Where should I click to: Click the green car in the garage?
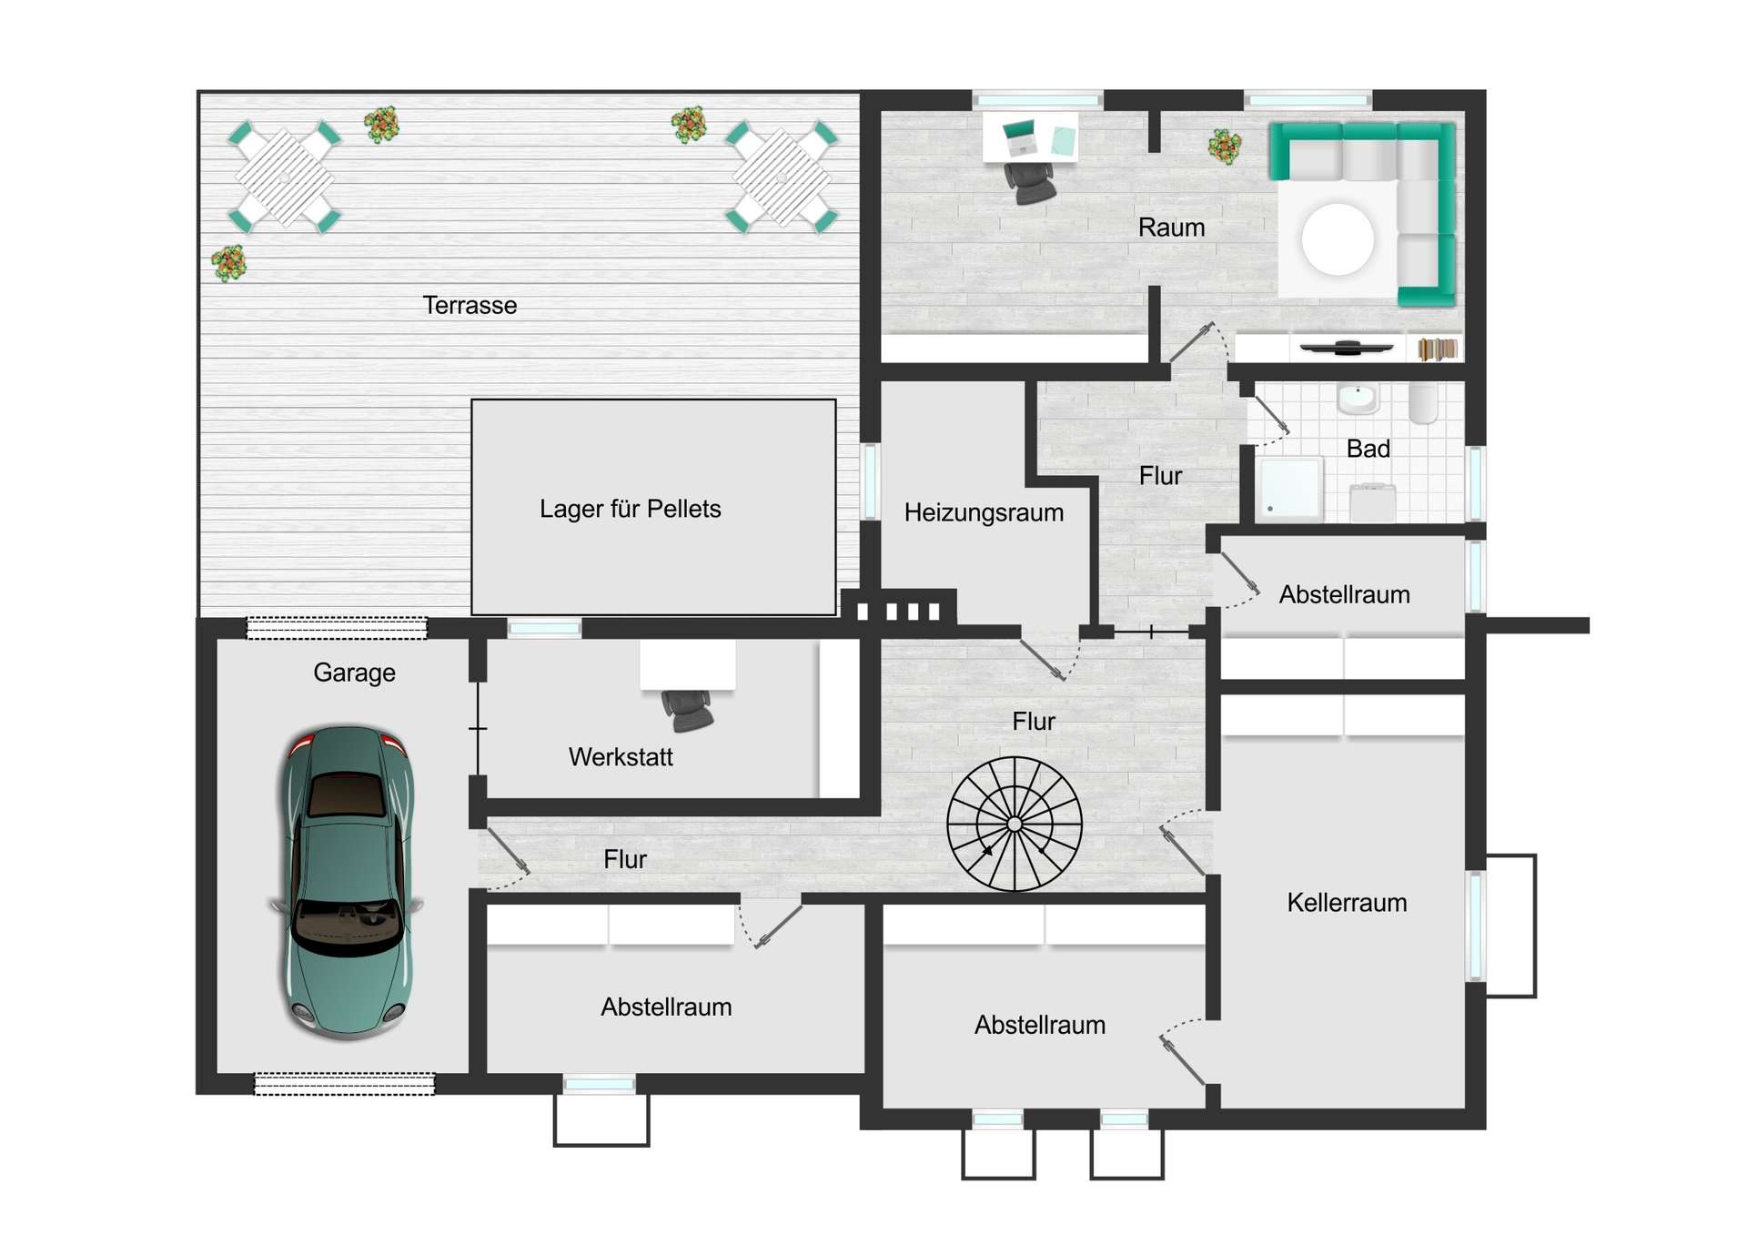(347, 882)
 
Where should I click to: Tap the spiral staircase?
(1015, 824)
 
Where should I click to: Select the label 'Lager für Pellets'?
(630, 509)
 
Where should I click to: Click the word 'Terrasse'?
(470, 305)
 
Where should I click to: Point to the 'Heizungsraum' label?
(984, 512)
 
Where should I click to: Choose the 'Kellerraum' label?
(1347, 903)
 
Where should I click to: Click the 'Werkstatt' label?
(621, 757)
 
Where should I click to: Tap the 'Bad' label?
(1368, 449)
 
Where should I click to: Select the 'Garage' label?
(354, 673)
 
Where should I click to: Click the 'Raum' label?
(1171, 228)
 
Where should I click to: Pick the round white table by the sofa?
(1338, 239)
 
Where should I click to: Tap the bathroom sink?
(1358, 398)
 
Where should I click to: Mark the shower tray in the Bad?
(1288, 489)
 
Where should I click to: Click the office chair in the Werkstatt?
(687, 710)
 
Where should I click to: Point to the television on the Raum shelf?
(1346, 347)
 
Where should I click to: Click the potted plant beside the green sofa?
(1225, 146)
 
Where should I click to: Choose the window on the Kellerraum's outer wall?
(1475, 926)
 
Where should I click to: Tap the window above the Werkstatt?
(544, 628)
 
